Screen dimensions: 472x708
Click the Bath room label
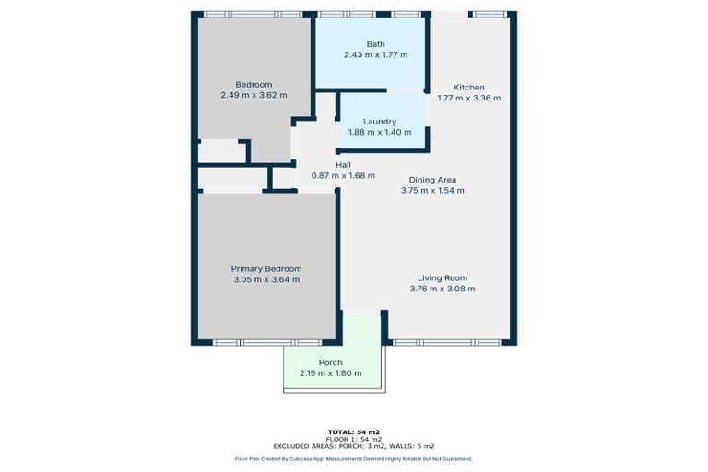375,43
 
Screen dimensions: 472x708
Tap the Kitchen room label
469,87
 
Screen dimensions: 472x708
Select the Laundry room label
380,121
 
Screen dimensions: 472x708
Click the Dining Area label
432,180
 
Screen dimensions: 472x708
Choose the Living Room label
442,277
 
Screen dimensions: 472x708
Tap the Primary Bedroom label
265,268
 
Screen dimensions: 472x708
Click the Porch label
331,362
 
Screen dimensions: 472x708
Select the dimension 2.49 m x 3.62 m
254,95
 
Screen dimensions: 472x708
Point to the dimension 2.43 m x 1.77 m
375,54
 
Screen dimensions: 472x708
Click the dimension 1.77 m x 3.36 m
469,98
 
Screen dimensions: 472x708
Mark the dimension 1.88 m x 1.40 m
380,132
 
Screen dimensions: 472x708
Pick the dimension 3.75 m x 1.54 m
432,191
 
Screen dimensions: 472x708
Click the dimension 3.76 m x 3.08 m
442,289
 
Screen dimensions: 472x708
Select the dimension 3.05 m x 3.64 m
265,279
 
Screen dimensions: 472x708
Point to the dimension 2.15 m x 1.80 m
331,373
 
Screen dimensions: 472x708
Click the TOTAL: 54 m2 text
354,431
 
